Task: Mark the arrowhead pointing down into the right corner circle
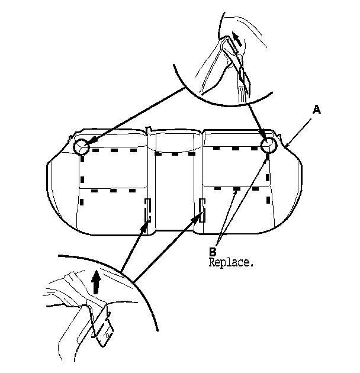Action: (x=264, y=137)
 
